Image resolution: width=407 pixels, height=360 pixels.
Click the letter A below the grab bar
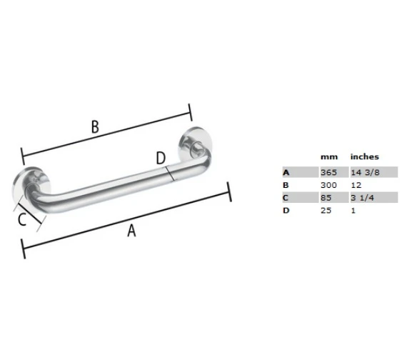(131, 230)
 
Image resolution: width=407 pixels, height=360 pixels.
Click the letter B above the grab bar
(95, 126)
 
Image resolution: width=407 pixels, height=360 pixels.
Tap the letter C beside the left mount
(22, 220)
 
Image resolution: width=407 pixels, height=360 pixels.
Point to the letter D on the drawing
(161, 158)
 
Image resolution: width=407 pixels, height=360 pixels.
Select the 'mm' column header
(328, 156)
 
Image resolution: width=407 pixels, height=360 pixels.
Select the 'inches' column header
(364, 156)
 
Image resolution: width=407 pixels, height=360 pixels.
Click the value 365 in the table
(329, 172)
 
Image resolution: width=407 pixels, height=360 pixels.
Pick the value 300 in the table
(329, 185)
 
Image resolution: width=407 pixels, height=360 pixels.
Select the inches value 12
(355, 185)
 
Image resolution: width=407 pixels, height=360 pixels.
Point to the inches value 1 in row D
(352, 211)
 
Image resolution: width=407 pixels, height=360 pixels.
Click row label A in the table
(286, 172)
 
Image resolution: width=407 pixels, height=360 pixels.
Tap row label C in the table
(286, 198)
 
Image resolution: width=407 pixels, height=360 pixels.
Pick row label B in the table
(286, 185)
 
